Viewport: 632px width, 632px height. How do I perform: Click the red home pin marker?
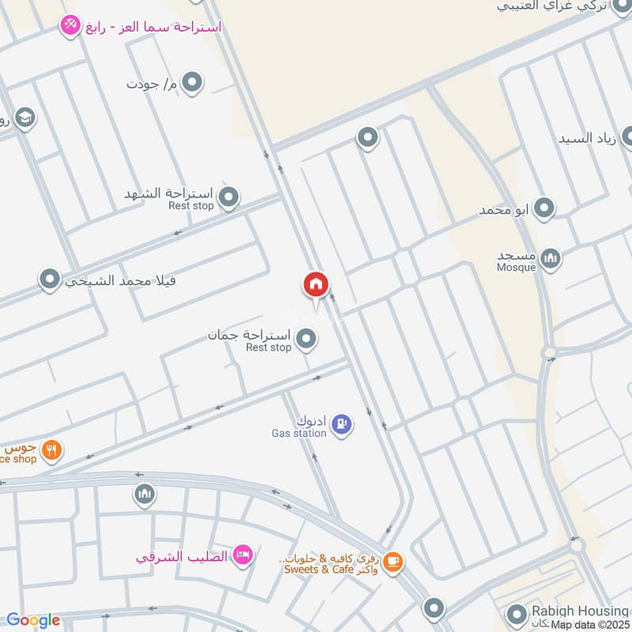coord(316,285)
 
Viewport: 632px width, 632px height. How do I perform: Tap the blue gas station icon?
coord(342,424)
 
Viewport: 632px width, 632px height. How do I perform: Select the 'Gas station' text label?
coord(299,433)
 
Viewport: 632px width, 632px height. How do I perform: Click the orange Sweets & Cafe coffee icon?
coord(393,562)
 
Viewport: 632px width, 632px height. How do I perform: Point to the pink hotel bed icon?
coord(243,555)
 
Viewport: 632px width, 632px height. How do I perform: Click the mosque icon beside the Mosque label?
coord(551,258)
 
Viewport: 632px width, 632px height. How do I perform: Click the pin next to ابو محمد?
coord(544,209)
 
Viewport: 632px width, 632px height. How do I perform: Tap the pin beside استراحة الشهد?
coord(228,197)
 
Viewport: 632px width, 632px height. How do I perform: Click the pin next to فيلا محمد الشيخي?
coord(50,279)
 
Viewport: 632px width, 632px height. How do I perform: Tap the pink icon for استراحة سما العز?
coord(70,26)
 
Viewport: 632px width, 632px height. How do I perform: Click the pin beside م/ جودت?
coord(192,81)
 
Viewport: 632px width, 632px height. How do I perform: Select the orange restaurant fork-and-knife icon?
coord(51,450)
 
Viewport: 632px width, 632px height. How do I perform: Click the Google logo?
coord(32,620)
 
